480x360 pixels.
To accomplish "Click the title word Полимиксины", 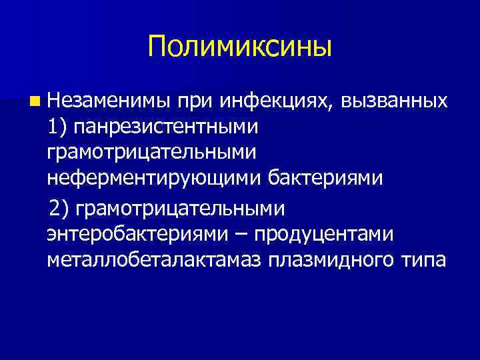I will coord(240,47).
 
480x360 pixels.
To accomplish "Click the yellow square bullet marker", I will coord(34,103).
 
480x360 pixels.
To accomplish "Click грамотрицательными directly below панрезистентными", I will coord(151,153).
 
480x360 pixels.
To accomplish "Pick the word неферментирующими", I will coord(155,178).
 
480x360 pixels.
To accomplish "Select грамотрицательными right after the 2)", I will coord(180,209).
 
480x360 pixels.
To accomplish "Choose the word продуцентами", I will coord(327,234).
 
